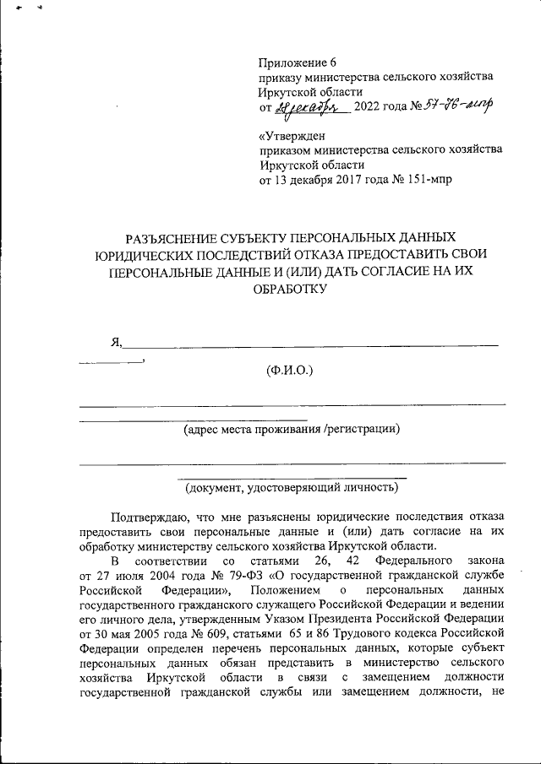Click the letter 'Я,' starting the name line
coord(117,342)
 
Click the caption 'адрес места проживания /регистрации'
coord(292,429)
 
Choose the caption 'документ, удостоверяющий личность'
coord(292,487)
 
